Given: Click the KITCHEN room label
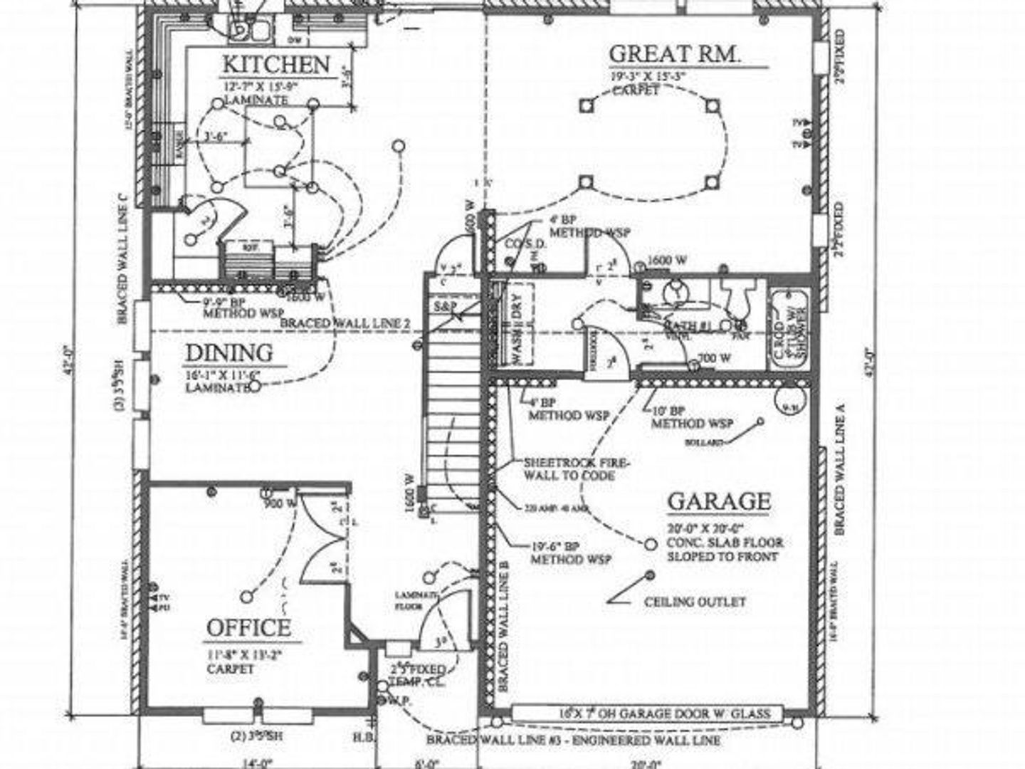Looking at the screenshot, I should pyautogui.click(x=276, y=63).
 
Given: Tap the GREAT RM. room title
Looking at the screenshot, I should pyautogui.click(x=675, y=53).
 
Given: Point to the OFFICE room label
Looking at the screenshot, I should pyautogui.click(x=248, y=628).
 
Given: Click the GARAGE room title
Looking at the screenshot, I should pyautogui.click(x=719, y=502).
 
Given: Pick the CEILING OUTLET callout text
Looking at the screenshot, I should pyautogui.click(x=695, y=602).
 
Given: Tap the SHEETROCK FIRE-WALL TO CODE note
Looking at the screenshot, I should pyautogui.click(x=577, y=468).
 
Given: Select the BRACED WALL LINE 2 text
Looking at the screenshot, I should pyautogui.click(x=345, y=323).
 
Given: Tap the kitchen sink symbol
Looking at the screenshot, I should pyautogui.click(x=249, y=28).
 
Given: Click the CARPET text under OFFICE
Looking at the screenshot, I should pyautogui.click(x=231, y=669).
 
